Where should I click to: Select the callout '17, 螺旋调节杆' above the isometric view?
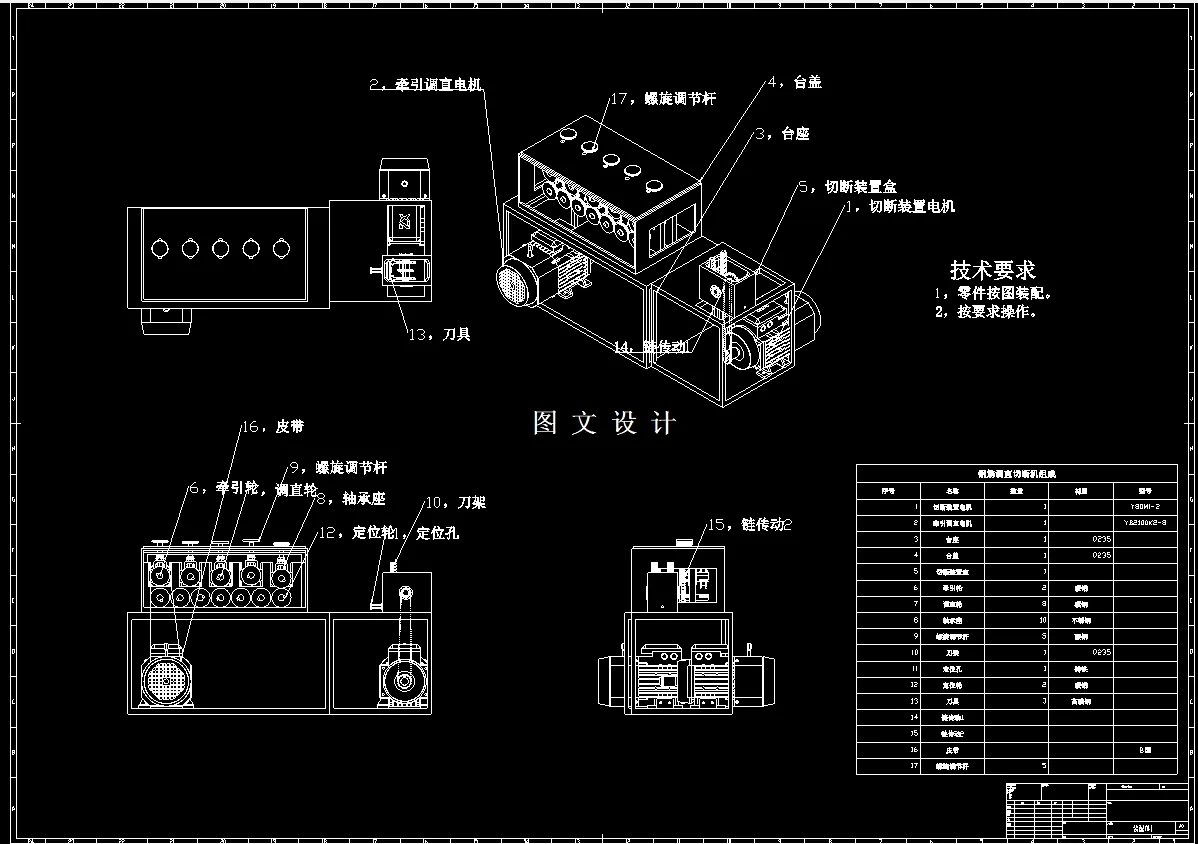(662, 98)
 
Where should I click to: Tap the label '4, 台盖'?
(794, 82)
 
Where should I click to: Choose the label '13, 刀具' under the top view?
(439, 334)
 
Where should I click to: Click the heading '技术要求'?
(992, 270)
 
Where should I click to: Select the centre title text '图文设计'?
(605, 423)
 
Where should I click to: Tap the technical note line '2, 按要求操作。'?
(986, 311)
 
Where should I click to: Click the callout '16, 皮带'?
(271, 427)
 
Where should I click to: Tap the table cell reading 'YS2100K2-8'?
(1146, 523)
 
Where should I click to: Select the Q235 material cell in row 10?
(1080, 652)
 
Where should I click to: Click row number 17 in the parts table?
(886, 766)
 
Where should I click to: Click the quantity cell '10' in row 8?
(1016, 620)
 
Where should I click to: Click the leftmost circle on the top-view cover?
(159, 247)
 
